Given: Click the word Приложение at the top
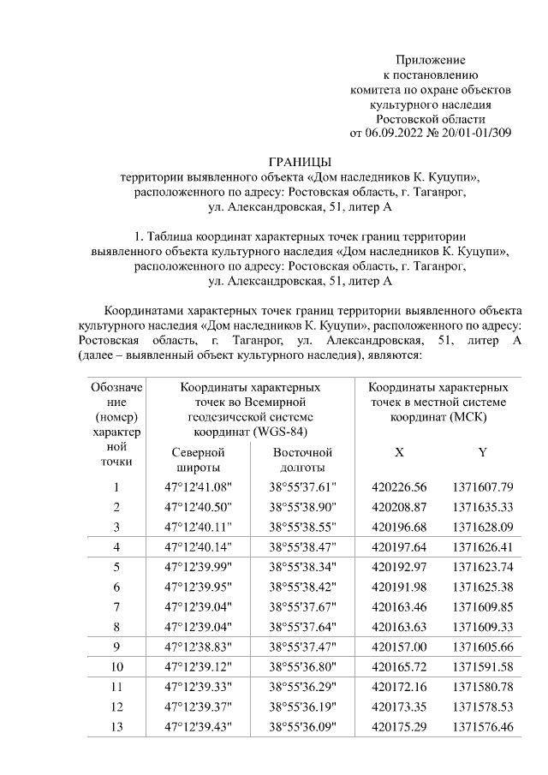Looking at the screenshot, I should tap(430, 60).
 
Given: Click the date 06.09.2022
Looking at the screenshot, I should tap(395, 133).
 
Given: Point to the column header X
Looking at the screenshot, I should tap(399, 452).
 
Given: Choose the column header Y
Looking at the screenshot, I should tap(482, 452).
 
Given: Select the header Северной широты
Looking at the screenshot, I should tap(198, 460).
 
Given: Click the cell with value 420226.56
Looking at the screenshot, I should tap(399, 487).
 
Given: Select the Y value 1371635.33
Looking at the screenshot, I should tap(482, 507).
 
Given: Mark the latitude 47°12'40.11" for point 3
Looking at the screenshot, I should tap(198, 526).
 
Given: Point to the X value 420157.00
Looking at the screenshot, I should tap(399, 646).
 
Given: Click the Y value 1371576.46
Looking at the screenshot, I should tap(482, 727).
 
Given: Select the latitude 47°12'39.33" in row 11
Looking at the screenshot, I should tap(198, 687).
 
